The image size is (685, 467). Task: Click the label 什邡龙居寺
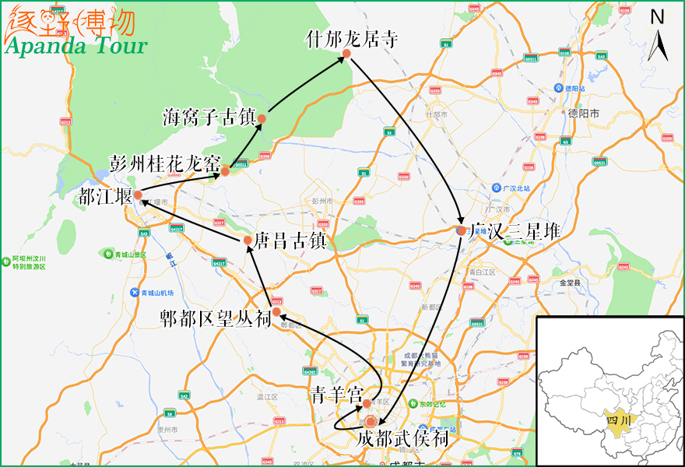[x=353, y=38]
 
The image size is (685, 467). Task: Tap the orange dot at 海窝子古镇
[x=262, y=119]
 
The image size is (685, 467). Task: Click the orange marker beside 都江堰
[x=137, y=195]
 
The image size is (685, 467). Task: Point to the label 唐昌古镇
[x=289, y=239]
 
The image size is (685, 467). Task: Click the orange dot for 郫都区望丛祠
[x=276, y=311]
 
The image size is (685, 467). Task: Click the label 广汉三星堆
[x=517, y=231]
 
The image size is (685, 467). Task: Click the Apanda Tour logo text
[x=76, y=45]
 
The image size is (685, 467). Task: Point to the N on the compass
[x=658, y=17]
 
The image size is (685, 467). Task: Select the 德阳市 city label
[x=585, y=113]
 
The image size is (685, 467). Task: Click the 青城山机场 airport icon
[x=134, y=293]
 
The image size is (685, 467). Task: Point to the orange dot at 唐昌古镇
[x=248, y=240]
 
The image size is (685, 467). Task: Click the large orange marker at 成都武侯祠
[x=371, y=421]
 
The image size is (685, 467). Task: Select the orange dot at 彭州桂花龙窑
[x=225, y=171]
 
